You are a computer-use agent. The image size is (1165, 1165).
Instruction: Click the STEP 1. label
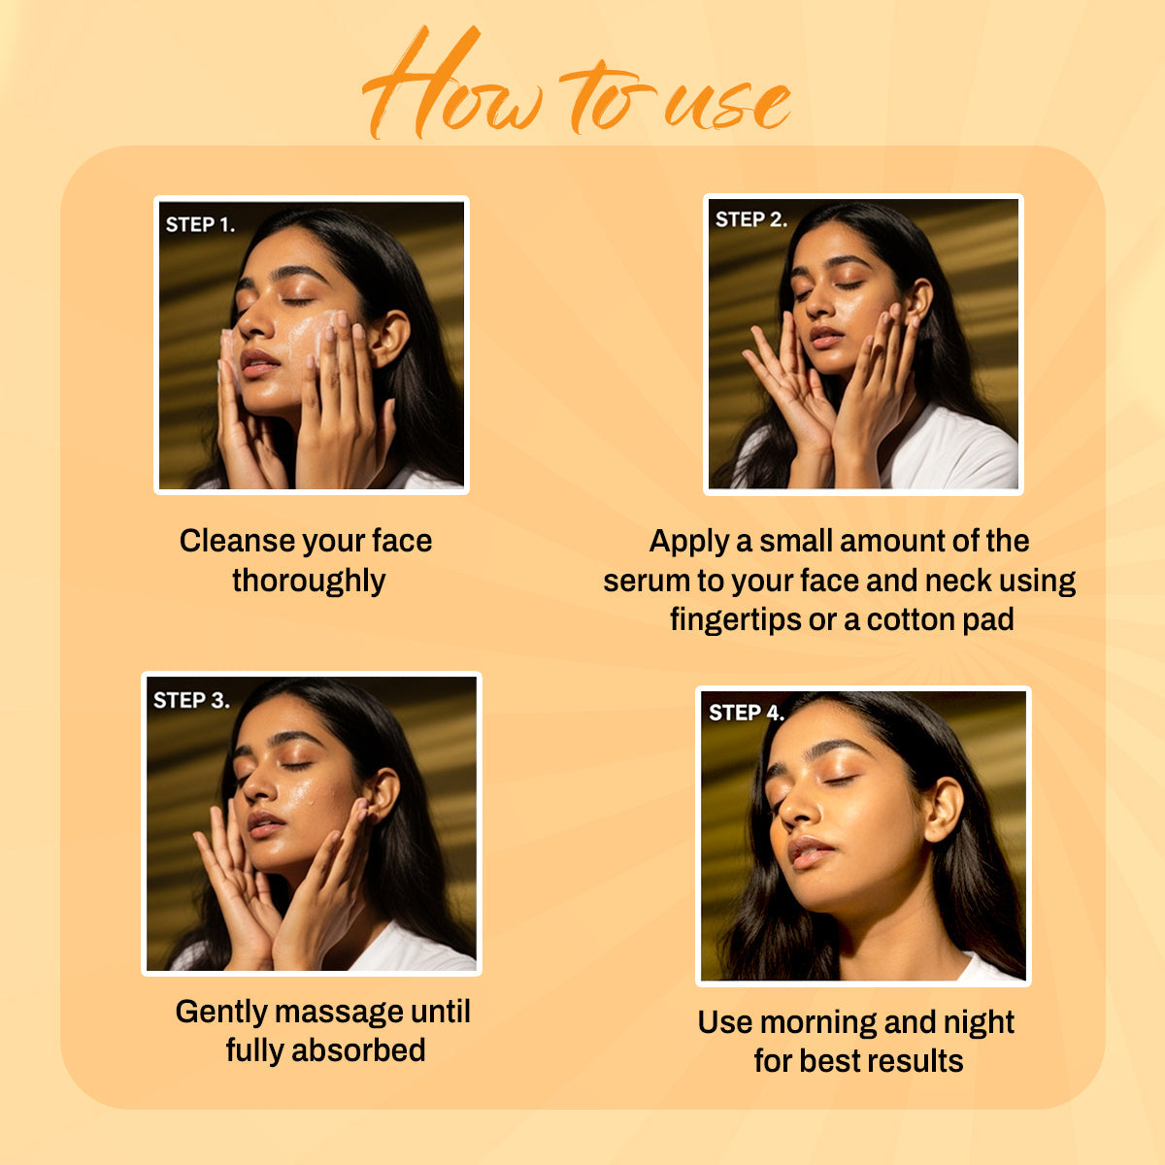click(200, 225)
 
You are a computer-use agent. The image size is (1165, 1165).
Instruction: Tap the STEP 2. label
click(750, 220)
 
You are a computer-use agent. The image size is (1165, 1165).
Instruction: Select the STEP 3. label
click(191, 701)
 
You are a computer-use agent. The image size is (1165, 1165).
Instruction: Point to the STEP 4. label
click(746, 714)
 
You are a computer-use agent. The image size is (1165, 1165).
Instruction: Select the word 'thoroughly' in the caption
click(309, 581)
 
